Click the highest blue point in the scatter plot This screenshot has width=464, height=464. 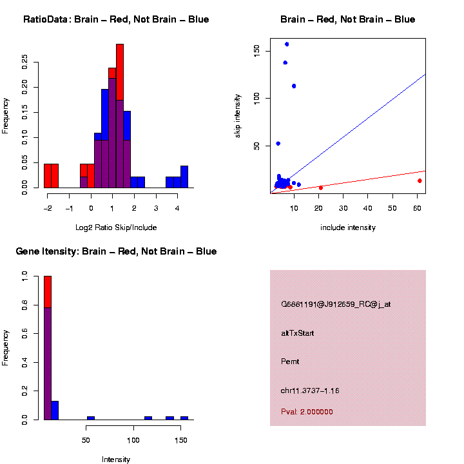coord(287,44)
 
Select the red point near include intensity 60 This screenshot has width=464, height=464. coord(420,180)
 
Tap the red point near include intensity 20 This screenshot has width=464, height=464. coord(321,188)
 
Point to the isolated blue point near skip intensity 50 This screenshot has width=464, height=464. coord(278,144)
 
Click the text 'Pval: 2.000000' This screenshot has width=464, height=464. coord(307,412)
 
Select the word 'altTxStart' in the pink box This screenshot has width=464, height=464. coord(298,333)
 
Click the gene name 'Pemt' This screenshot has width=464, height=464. coord(290,362)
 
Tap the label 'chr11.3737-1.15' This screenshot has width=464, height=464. coord(310,391)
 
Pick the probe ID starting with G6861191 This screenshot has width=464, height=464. coord(336,305)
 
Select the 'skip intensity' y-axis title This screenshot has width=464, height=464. coord(237,115)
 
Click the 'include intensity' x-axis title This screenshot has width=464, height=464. coord(347,227)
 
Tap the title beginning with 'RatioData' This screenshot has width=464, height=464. coord(116,20)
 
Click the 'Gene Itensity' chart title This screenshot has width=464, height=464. coord(116,251)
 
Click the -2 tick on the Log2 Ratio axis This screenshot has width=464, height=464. coord(48,208)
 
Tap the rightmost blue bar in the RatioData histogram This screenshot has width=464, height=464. coord(184,177)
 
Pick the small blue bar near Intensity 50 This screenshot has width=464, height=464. coord(91,418)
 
